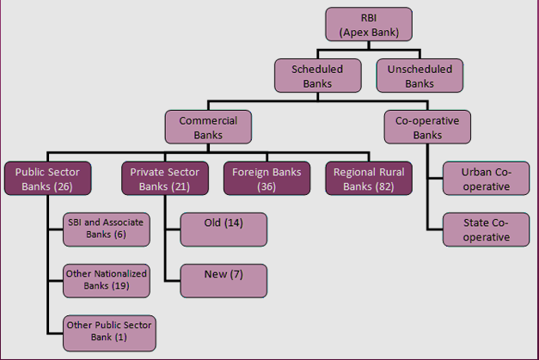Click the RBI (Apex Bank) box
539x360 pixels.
coord(369,24)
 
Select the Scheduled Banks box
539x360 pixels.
coord(317,76)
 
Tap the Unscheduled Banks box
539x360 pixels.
coord(420,76)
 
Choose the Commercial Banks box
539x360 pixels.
coord(208,127)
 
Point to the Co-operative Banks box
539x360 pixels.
coord(427,127)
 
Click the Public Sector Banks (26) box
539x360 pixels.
coord(48,179)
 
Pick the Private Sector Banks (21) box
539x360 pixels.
coord(165,179)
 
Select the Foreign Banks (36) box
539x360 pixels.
coord(266,179)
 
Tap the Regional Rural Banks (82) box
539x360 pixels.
coord(369,179)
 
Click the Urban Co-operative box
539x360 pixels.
coord(486,179)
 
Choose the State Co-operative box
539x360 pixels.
coord(486,229)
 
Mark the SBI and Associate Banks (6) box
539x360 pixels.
coord(107,229)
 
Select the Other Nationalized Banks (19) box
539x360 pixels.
coord(107,281)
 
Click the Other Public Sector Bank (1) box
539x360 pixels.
coord(109,333)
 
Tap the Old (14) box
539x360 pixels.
coord(224,229)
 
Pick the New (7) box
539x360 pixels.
coord(224,281)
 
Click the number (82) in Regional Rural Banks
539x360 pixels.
coord(384,186)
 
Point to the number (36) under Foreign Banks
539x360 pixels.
coord(266,186)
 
